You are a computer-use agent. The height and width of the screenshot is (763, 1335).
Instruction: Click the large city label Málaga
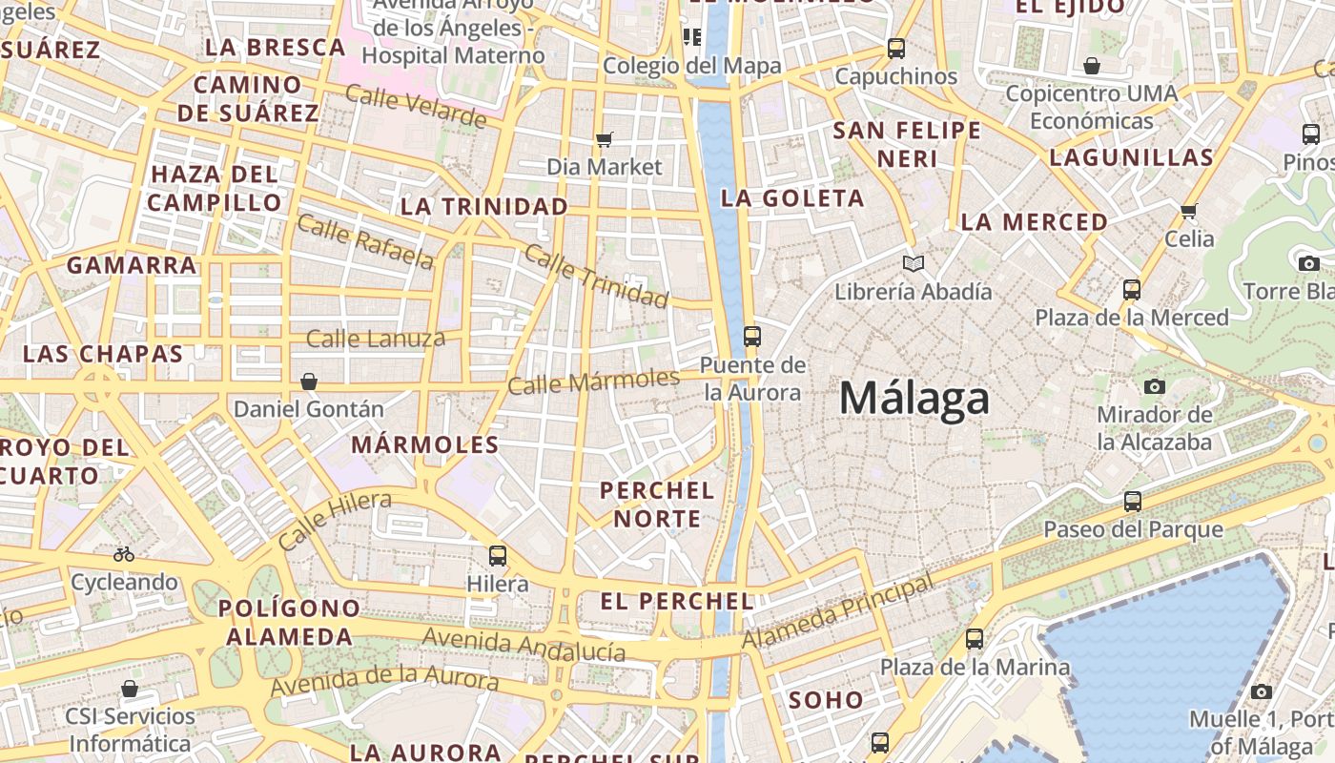click(914, 398)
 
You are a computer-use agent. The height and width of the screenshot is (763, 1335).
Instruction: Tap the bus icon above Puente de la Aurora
click(752, 336)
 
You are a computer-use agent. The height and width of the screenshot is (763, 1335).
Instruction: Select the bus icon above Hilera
click(497, 555)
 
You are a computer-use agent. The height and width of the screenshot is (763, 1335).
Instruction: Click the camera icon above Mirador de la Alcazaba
click(1155, 386)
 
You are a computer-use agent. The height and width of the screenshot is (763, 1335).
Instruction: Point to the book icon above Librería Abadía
click(914, 263)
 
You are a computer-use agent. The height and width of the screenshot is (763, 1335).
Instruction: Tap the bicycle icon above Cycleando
click(124, 553)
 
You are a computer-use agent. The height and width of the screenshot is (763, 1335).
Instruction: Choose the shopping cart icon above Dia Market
click(604, 140)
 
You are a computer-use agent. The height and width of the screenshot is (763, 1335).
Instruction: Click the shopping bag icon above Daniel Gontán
click(309, 381)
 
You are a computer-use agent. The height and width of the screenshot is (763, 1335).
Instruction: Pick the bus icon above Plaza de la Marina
click(974, 639)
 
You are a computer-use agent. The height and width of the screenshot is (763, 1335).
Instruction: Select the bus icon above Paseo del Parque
click(1133, 501)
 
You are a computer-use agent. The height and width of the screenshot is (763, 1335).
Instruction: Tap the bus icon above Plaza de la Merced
click(1132, 289)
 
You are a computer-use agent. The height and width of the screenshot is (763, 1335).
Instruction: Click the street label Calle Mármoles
click(593, 381)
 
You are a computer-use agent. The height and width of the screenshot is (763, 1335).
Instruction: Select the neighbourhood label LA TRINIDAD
click(484, 206)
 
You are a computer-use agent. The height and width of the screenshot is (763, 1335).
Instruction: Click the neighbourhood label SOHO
click(826, 700)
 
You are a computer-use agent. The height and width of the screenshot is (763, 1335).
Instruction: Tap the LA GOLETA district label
click(792, 198)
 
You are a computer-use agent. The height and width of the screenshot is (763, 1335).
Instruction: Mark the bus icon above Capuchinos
click(895, 48)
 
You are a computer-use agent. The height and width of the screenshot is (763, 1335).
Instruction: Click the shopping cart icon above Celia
click(1188, 211)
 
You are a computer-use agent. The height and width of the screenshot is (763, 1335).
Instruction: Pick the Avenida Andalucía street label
click(524, 644)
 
